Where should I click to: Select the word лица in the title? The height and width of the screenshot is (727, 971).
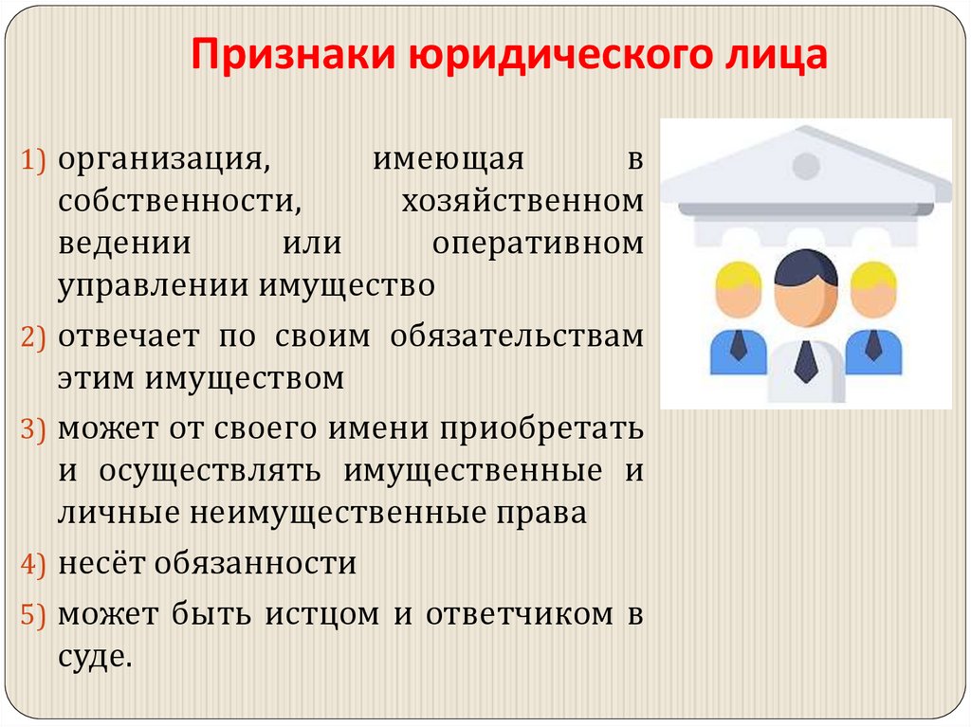[776, 56]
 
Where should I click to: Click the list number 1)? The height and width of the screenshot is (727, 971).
[34, 160]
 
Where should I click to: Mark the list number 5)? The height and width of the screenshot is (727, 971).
[34, 615]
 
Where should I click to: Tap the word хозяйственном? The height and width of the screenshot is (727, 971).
[522, 201]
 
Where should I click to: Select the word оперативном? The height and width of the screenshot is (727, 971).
[538, 243]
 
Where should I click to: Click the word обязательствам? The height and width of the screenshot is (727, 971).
[516, 336]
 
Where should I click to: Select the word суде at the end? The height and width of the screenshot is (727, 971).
[91, 656]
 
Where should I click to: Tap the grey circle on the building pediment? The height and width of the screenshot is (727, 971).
[805, 167]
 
